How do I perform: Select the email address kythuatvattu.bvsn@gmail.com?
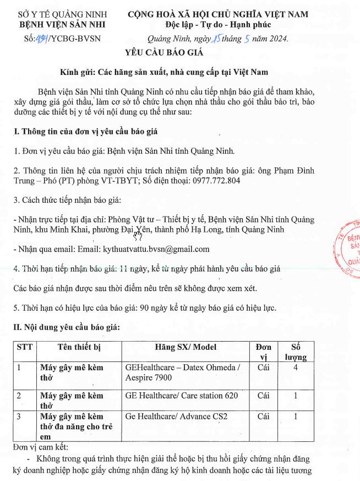[156, 249]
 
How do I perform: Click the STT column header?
[24, 347]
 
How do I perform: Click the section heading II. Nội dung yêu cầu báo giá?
[66, 327]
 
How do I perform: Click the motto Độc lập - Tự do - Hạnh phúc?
[218, 24]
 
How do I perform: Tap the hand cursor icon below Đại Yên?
[138, 236]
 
